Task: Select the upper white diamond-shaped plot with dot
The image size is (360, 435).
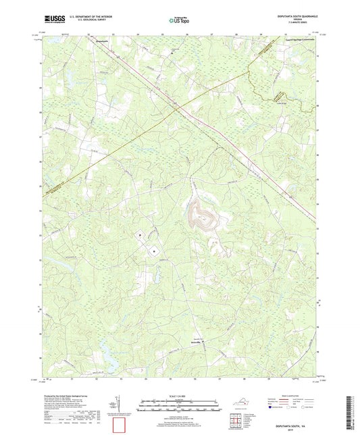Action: click(x=140, y=235)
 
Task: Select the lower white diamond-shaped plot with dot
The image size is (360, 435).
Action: click(x=155, y=251)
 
